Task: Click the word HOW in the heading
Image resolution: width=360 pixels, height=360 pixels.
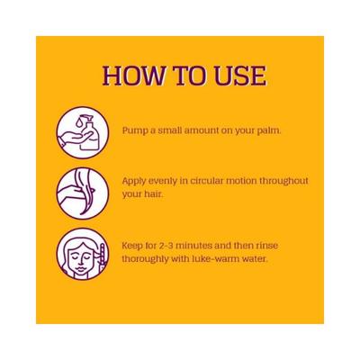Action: (x=133, y=76)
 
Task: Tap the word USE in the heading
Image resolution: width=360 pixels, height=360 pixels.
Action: (x=240, y=76)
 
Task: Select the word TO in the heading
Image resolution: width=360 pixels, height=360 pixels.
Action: (x=190, y=76)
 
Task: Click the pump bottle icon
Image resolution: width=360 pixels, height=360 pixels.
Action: (x=82, y=132)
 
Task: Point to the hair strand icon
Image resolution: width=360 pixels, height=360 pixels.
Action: (x=82, y=193)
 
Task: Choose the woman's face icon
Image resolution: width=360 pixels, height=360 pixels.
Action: (x=82, y=254)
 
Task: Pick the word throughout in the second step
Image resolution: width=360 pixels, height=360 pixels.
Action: (x=283, y=181)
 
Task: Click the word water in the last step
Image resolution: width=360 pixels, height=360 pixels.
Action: (x=255, y=258)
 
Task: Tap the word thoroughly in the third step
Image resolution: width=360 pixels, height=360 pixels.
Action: (x=145, y=259)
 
